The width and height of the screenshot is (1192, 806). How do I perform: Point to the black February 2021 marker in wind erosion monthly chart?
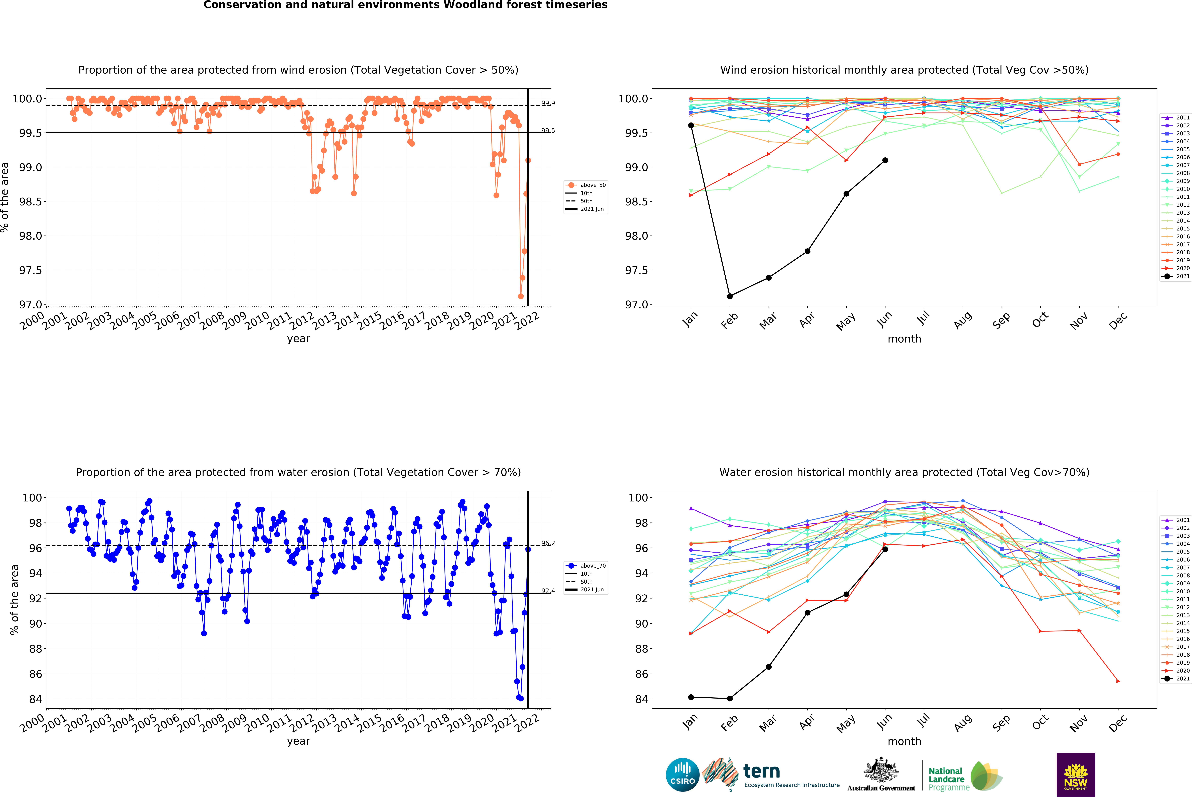[x=730, y=296]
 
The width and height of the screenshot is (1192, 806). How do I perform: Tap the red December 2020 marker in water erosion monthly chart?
[x=1118, y=681]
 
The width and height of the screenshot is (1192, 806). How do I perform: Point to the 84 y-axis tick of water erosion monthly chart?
[x=641, y=699]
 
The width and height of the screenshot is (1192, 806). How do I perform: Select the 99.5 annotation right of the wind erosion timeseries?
[x=548, y=130]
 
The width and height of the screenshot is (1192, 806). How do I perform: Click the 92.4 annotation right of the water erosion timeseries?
[x=548, y=591]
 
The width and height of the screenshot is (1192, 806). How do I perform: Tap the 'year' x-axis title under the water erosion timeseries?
[x=298, y=741]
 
